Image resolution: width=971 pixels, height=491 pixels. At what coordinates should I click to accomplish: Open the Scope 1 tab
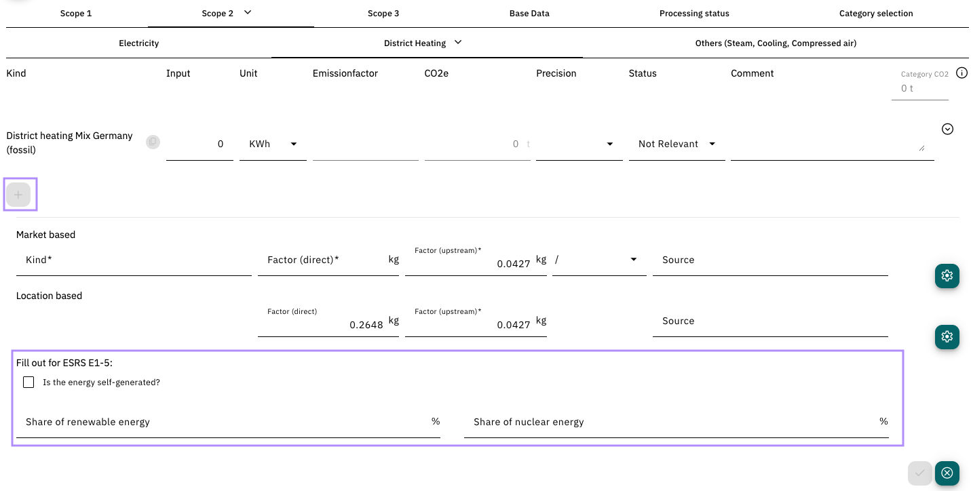tap(76, 14)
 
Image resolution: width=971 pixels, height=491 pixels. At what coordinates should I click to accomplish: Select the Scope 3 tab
tap(383, 14)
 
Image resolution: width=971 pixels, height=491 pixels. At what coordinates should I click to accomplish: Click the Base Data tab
tap(529, 14)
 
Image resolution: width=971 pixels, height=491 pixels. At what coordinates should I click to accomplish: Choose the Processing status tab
tap(694, 14)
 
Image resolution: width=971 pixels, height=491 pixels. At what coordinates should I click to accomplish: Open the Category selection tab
tap(875, 14)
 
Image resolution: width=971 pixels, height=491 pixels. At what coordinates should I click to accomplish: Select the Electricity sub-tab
tap(138, 43)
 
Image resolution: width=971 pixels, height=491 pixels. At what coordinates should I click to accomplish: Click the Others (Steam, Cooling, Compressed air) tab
tap(776, 43)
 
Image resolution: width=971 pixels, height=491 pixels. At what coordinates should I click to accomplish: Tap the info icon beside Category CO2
tap(962, 73)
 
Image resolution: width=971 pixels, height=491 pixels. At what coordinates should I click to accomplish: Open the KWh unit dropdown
tap(273, 144)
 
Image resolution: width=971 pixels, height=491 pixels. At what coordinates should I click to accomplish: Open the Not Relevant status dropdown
tap(677, 144)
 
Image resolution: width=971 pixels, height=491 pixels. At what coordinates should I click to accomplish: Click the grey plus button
tap(18, 195)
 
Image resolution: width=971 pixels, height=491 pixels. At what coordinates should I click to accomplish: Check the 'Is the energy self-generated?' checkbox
tap(28, 382)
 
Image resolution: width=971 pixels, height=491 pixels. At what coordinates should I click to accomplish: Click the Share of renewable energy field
tap(228, 422)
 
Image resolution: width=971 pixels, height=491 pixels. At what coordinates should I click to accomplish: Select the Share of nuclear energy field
tap(677, 422)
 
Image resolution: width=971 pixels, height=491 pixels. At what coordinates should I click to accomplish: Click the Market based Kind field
tap(134, 260)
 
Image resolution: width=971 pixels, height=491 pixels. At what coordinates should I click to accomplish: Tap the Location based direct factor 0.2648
tap(366, 325)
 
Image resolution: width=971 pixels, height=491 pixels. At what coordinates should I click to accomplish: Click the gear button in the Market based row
tap(947, 275)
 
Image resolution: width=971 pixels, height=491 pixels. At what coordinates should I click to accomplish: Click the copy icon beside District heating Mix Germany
tap(153, 142)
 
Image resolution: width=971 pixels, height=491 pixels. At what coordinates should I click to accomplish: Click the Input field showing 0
tap(199, 144)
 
